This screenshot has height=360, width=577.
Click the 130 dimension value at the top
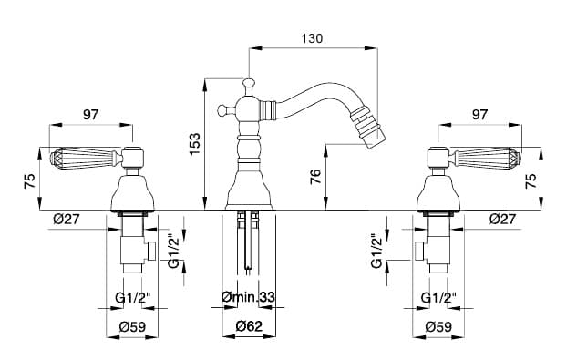pos(312,38)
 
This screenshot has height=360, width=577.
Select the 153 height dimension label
pos(195,144)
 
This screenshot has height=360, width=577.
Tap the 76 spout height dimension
pos(315,176)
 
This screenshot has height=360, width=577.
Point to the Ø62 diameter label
pos(249,326)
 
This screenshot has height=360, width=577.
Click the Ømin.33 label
pos(248,297)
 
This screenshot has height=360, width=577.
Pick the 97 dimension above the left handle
pos(90,115)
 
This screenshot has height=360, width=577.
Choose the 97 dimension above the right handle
pos(479,115)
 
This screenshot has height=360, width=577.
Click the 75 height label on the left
pos(30,180)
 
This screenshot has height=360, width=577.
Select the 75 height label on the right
pos(531,180)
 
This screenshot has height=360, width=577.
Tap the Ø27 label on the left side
pos(67,219)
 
